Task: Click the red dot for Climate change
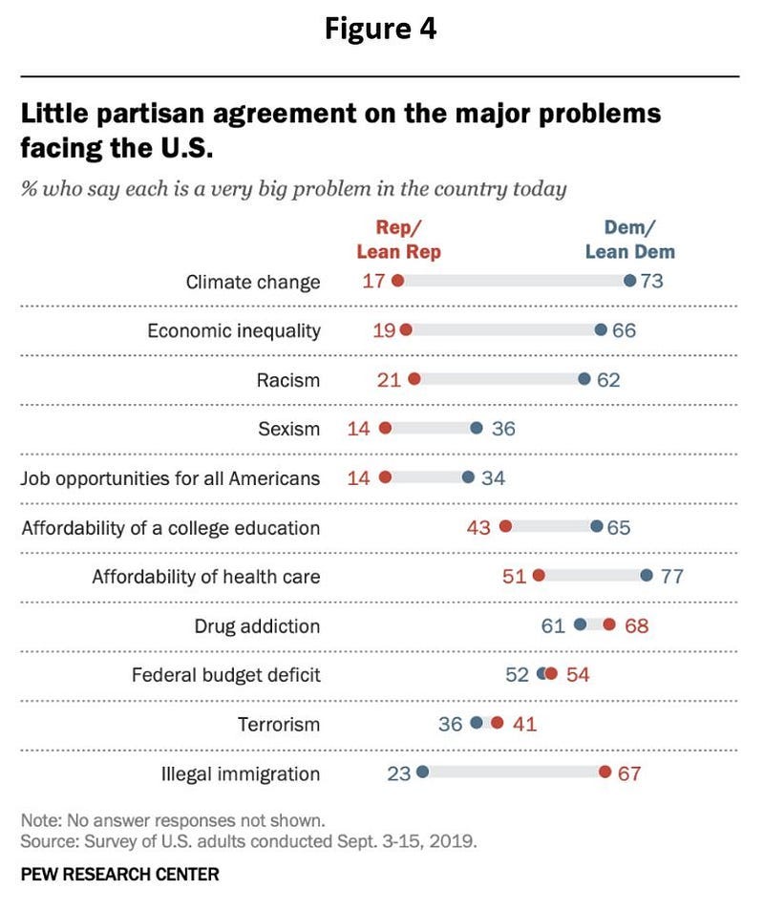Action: point(397,282)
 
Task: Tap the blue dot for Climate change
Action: point(629,282)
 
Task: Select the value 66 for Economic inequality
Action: point(625,330)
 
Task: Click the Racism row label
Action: point(288,380)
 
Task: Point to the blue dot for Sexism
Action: point(477,429)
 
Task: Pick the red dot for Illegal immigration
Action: point(605,772)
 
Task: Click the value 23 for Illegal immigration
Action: point(398,773)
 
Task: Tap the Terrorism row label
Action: point(279,724)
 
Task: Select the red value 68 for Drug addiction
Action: point(637,625)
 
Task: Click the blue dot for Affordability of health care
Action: point(647,576)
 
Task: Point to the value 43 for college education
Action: point(478,527)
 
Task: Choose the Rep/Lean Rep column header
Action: point(398,240)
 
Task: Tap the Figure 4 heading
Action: point(380,29)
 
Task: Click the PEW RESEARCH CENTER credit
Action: point(119,874)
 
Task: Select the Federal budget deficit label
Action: point(225,675)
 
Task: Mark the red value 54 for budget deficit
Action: point(578,675)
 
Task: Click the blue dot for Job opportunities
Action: point(468,477)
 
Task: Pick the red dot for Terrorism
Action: point(497,724)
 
